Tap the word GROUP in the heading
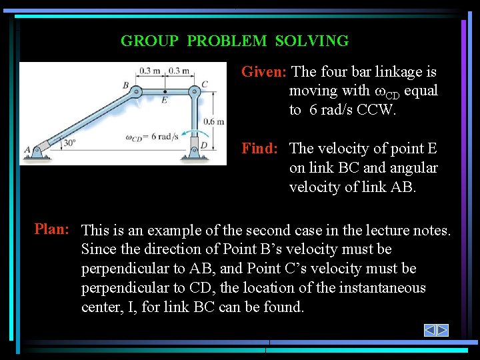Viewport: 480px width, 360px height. (149, 41)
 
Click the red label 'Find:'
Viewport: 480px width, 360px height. (259, 149)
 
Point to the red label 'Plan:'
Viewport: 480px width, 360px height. (53, 229)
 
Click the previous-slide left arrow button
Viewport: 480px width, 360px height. (430, 331)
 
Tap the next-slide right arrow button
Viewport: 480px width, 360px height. (442, 331)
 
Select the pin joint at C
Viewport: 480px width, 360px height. (194, 91)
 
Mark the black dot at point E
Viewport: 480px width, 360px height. (165, 91)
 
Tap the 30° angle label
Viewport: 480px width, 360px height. (69, 143)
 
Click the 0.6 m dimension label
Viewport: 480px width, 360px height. (214, 121)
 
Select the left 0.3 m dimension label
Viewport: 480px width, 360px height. (149, 70)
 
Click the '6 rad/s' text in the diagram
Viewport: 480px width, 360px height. (165, 137)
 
